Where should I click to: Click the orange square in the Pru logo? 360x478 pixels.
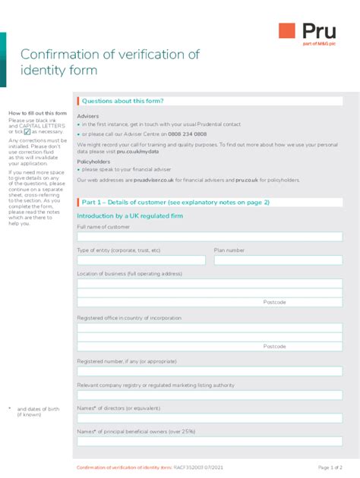pyautogui.click(x=287, y=30)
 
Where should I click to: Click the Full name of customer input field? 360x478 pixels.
pyautogui.click(x=210, y=237)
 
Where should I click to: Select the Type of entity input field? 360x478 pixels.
pyautogui.click(x=141, y=260)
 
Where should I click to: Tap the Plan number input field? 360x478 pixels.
pyautogui.click(x=278, y=260)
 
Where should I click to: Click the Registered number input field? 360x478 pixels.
pyautogui.click(x=210, y=372)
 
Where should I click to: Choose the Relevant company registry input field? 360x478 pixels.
pyautogui.click(x=210, y=395)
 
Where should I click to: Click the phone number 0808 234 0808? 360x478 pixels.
pyautogui.click(x=188, y=134)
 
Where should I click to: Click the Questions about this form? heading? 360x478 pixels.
pyautogui.click(x=122, y=101)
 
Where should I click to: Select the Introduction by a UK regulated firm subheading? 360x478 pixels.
pyautogui.click(x=130, y=216)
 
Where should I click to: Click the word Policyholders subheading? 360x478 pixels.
pyautogui.click(x=92, y=162)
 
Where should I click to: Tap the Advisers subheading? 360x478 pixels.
pyautogui.click(x=87, y=116)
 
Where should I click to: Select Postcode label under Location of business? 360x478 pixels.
pyautogui.click(x=275, y=302)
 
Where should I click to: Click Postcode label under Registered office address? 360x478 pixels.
pyautogui.click(x=275, y=346)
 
